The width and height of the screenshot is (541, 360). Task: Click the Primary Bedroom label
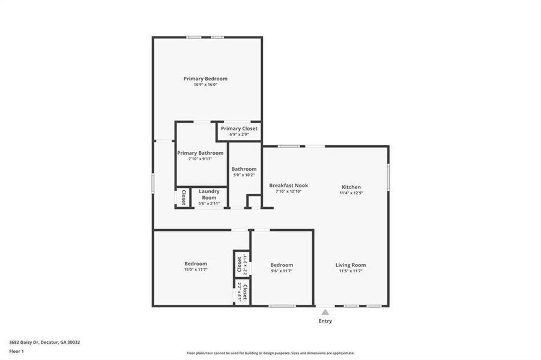205,79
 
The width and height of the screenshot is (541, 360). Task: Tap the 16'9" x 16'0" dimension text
205,85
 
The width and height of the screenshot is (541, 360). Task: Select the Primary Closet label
239,128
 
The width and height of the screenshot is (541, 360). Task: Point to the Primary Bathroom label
200,153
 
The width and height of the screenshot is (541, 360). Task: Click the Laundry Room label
209,194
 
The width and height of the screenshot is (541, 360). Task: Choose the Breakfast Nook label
288,185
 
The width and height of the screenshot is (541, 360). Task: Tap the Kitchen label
351,187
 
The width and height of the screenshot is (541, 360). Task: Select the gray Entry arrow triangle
325,312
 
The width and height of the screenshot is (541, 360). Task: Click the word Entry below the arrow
325,321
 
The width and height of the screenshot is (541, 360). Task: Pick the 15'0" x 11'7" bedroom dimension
196,270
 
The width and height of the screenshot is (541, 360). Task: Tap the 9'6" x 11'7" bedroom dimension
282,271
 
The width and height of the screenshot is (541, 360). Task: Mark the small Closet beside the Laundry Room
183,197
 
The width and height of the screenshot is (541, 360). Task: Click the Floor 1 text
17,351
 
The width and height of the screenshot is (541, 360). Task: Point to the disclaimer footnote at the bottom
270,353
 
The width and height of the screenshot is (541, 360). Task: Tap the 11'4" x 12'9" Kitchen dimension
351,193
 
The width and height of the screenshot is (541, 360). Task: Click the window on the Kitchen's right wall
388,178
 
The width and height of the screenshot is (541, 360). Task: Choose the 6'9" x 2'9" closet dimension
239,134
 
